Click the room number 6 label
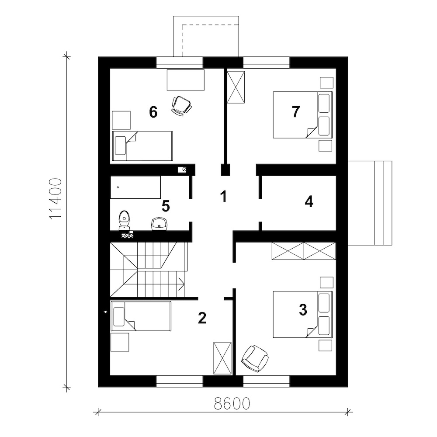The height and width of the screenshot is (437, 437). [153, 112]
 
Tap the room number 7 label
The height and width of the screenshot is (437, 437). [296, 111]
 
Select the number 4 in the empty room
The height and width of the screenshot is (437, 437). [309, 201]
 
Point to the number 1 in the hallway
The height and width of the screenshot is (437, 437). [223, 196]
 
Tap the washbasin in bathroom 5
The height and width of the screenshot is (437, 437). [160, 224]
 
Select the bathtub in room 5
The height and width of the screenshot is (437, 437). [135, 187]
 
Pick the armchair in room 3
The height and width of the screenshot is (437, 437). [255, 358]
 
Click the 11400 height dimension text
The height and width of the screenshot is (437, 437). [55, 199]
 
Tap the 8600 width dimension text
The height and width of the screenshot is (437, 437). [232, 403]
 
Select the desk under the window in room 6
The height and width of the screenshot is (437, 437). [186, 80]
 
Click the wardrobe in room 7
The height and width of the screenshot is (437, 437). [236, 87]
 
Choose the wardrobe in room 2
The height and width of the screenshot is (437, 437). [222, 358]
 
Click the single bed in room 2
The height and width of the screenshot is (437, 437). [141, 316]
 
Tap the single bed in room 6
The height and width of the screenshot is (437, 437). [142, 146]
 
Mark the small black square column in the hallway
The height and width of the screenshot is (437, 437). [225, 170]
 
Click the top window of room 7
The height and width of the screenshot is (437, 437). [267, 62]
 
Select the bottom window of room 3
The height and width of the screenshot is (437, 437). [267, 381]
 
